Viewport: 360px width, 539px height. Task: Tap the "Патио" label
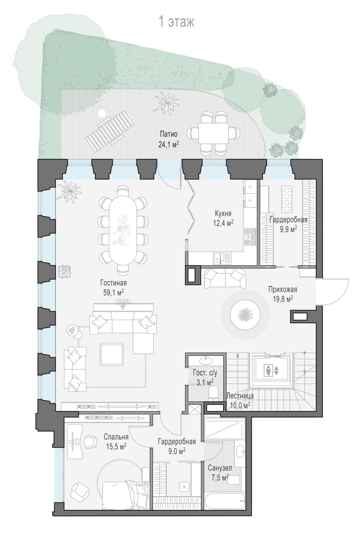tap(169, 134)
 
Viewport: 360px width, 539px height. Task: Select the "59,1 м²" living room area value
tap(113, 292)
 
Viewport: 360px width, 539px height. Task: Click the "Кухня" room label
tap(223, 213)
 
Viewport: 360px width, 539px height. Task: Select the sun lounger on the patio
tap(110, 131)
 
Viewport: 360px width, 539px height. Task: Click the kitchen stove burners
tap(250, 237)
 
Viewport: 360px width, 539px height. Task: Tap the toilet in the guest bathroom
tap(213, 394)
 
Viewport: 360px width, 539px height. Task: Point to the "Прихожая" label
tap(283, 289)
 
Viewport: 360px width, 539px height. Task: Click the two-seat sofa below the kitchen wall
tap(225, 278)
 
